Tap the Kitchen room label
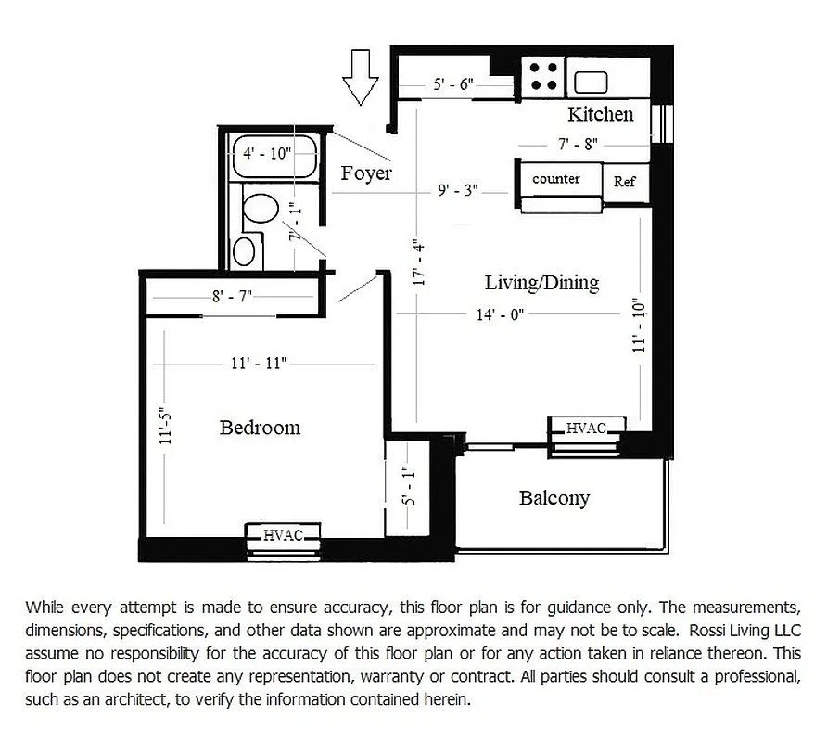coord(600,114)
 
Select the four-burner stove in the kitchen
coord(542,76)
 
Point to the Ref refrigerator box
coord(624,182)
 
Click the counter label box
coord(556,179)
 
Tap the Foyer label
coord(366,173)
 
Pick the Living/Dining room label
coord(541,282)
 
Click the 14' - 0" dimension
coord(501,314)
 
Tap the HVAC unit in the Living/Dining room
coord(587,428)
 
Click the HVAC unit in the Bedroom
coord(284,534)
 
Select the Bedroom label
coord(260,428)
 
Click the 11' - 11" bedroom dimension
coord(258,364)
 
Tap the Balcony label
coord(554,498)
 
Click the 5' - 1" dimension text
coord(408,486)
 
